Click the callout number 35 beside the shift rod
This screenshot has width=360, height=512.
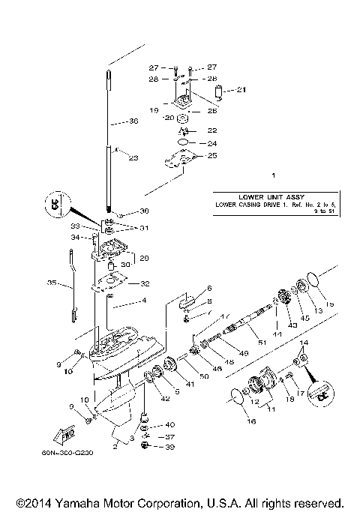[x=51, y=284]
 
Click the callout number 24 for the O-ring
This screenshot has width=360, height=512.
[x=212, y=142]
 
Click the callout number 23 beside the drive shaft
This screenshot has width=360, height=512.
[x=134, y=158]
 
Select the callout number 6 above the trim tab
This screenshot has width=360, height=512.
[x=210, y=288]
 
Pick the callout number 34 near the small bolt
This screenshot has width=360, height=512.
[x=75, y=237]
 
